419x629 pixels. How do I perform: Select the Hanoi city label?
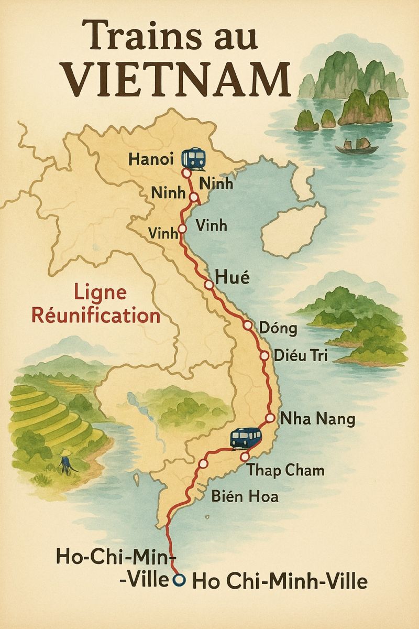152,159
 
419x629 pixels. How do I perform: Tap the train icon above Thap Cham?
246,438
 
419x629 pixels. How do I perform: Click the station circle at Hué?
209,285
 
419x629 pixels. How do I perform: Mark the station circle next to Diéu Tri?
264,356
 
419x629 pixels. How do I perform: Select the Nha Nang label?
318,419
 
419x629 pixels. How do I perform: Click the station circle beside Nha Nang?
270,418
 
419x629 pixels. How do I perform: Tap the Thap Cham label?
285,470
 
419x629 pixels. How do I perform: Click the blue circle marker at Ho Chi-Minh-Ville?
180,580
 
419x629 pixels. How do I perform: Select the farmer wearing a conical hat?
66,461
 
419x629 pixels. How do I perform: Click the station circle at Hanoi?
185,172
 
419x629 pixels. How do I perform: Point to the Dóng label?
278,329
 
